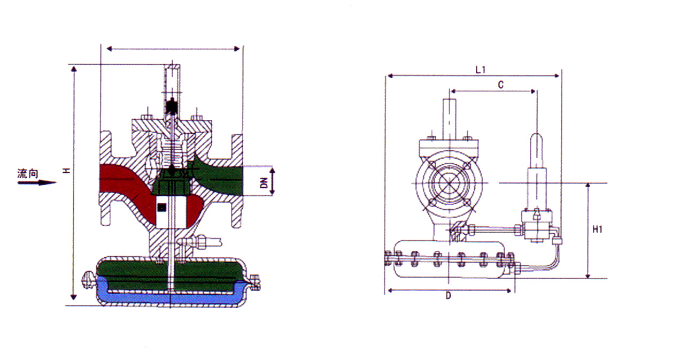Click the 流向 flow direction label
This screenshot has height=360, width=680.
point(28,173)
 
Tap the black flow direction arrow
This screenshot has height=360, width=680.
point(37,182)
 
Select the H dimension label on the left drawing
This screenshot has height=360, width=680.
point(66,171)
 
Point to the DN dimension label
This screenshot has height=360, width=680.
point(264,183)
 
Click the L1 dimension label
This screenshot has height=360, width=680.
point(480,70)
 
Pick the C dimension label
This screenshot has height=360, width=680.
point(500,85)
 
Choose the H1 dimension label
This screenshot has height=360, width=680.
point(598,229)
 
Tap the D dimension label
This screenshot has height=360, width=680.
point(449,295)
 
